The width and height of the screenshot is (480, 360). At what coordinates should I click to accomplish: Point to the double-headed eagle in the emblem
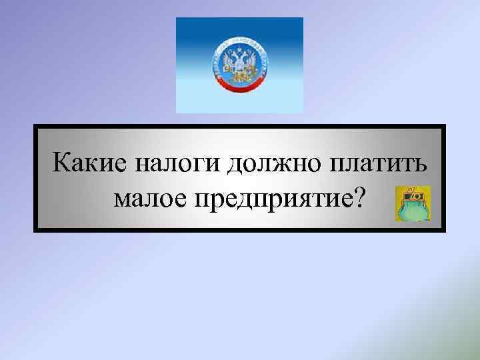coord(239,64)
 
